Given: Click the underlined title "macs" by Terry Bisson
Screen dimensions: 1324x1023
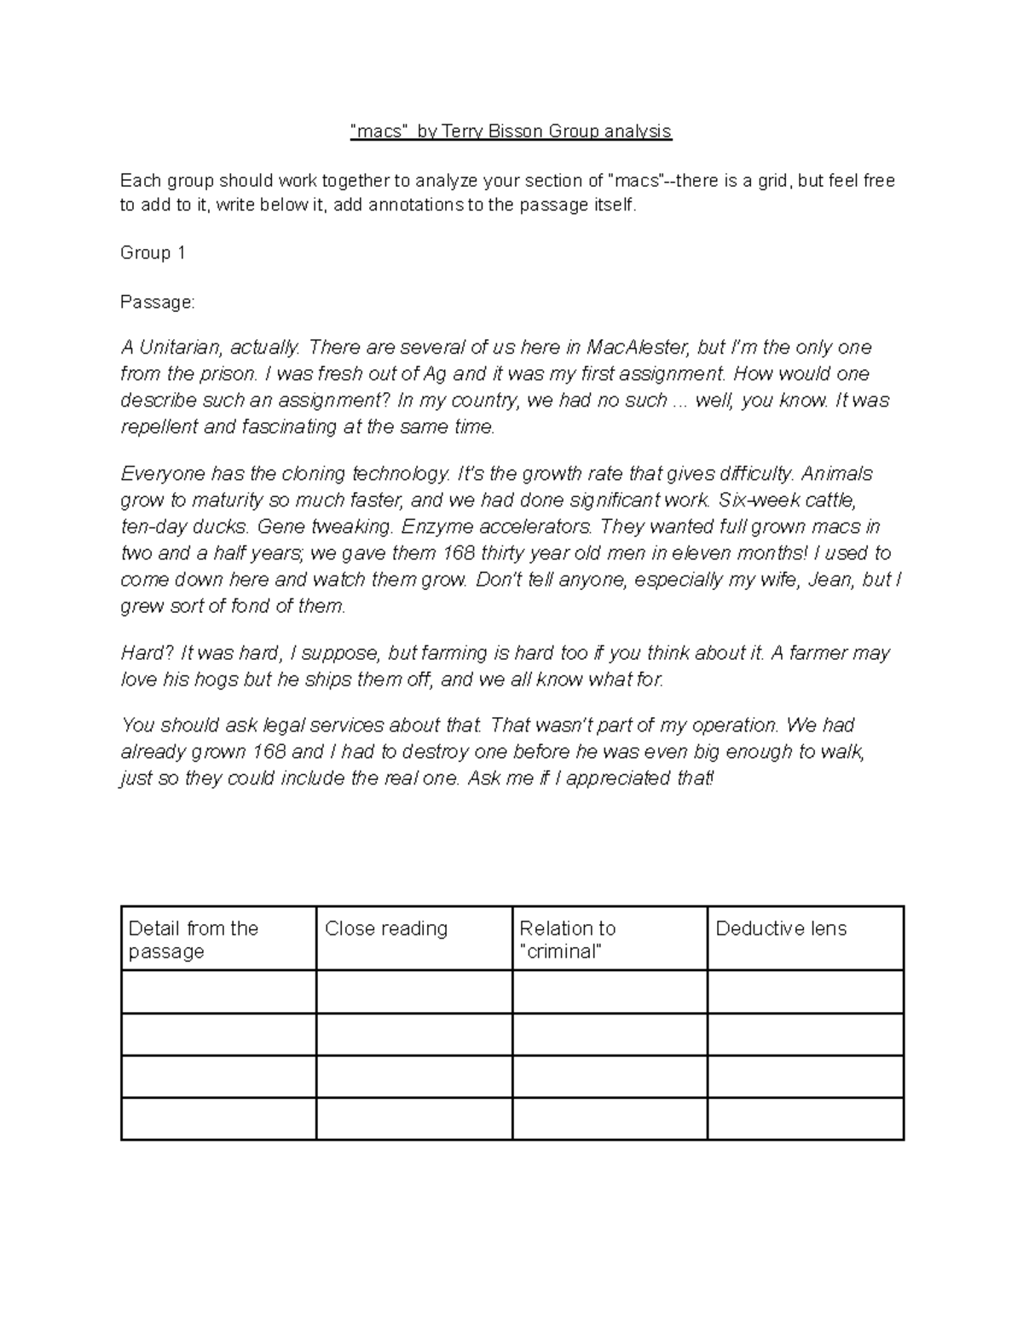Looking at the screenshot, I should coord(511,131).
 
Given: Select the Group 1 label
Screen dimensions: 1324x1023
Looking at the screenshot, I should coord(153,253).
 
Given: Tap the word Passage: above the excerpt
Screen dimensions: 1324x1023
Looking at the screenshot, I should coord(158,303).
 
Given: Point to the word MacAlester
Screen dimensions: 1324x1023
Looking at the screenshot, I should coord(638,348).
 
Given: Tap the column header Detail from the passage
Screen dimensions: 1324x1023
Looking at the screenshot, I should coord(194,940).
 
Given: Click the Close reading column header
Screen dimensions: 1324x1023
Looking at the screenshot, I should coord(386,928).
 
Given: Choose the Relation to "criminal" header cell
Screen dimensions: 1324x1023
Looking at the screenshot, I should coord(568,940).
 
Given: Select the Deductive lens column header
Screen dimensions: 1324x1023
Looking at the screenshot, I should coord(781,928).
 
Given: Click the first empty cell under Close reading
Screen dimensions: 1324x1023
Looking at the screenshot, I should coord(414,992).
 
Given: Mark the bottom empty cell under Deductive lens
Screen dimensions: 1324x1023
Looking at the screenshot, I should coord(806,1119).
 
